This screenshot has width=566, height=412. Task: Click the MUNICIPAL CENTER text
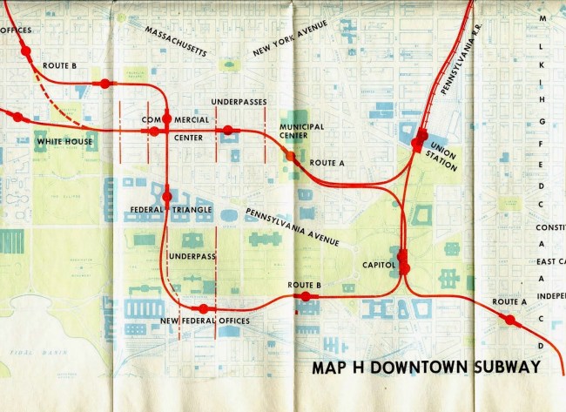301,132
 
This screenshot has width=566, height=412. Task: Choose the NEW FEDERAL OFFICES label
205,321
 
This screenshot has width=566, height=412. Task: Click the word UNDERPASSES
239,102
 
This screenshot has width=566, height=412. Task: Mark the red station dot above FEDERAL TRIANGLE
167,197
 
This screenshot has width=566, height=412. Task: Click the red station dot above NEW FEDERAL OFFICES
204,308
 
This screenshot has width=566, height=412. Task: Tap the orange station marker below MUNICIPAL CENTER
290,156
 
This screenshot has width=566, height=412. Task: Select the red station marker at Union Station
421,138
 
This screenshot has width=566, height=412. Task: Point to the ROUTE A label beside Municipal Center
327,163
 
